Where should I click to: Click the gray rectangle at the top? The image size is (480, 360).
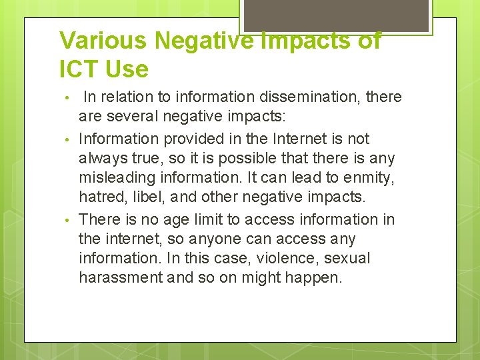pyautogui.click(x=337, y=15)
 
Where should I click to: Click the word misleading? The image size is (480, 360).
pyautogui.click(x=118, y=179)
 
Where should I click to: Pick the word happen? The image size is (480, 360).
pyautogui.click(x=313, y=278)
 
